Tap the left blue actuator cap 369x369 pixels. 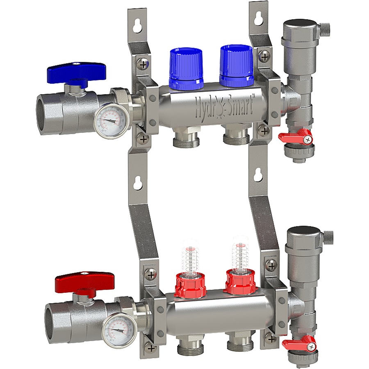186,68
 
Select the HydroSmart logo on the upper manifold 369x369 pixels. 224,105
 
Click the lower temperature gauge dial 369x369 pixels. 119,330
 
